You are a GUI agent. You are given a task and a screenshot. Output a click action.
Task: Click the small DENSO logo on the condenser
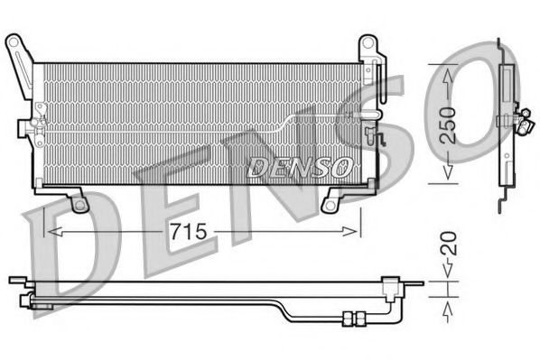tap(298, 166)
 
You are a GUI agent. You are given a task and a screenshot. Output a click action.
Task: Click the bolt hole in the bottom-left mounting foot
tap(79, 204)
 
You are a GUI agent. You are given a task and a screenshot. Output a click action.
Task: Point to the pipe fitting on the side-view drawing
tap(521, 118)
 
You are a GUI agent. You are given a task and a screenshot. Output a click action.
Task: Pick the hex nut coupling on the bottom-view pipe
tap(351, 315)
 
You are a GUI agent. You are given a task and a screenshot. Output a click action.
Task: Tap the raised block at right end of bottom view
tap(390, 286)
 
